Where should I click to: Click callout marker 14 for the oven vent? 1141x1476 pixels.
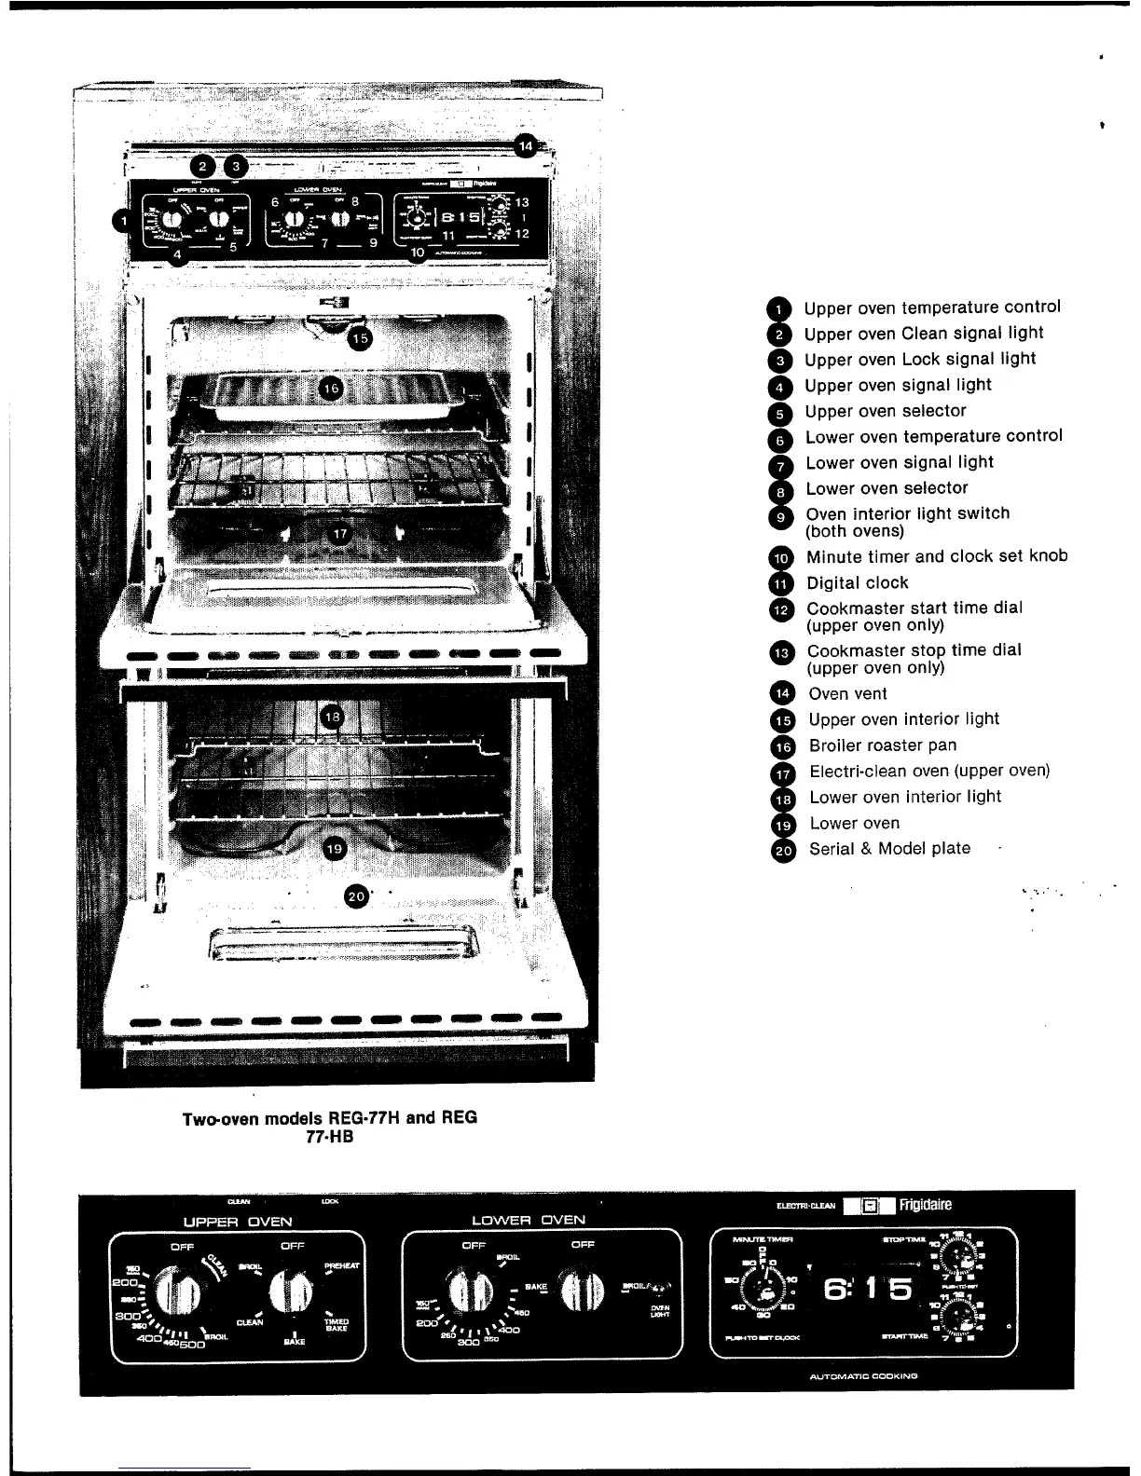coord(527,145)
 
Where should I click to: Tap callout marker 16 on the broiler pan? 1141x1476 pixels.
coord(331,388)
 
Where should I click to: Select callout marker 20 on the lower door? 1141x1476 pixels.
coord(357,896)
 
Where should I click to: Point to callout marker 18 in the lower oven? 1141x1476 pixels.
coord(333,717)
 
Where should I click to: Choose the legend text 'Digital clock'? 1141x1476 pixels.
coord(857,582)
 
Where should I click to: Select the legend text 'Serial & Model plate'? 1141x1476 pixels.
coord(889,848)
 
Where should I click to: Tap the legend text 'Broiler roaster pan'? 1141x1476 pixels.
coord(882,745)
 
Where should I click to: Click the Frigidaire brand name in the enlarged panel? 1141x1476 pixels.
coord(926,1205)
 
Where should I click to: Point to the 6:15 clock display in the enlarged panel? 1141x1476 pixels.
coord(868,1291)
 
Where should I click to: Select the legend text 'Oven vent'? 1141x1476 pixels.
coord(847,693)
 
